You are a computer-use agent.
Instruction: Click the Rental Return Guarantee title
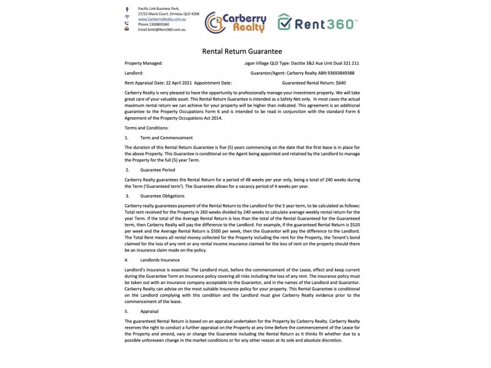click(x=242, y=52)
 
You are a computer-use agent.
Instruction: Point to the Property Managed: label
click(x=144, y=63)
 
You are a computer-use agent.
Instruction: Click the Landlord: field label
click(x=134, y=72)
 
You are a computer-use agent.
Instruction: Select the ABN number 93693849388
click(x=337, y=72)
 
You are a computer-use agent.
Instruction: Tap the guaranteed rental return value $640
click(x=341, y=82)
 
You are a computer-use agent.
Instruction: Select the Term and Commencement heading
click(x=166, y=137)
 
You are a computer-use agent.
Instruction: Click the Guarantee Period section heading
click(x=158, y=169)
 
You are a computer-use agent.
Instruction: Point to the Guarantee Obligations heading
click(x=163, y=195)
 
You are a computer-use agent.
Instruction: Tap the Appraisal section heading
click(x=149, y=311)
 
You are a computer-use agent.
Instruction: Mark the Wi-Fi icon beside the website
click(x=126, y=18)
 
